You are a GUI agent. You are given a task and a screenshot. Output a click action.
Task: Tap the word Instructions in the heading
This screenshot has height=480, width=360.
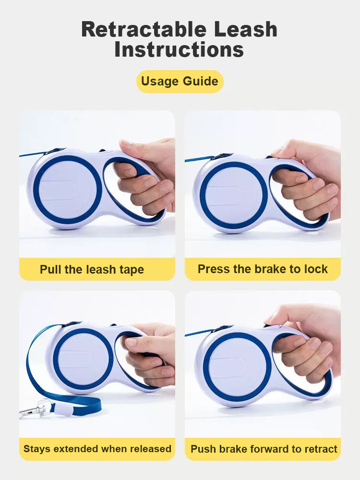point(179,49)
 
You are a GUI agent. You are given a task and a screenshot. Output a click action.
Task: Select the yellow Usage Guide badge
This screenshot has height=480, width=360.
point(180,81)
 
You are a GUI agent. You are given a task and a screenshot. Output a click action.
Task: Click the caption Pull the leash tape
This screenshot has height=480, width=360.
point(92,269)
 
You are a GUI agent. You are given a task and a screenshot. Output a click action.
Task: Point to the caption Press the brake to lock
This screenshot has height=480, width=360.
point(263,269)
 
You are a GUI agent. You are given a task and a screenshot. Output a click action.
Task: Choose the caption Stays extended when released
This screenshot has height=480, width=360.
point(97,449)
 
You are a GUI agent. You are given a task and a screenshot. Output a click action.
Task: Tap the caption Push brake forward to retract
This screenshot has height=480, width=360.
point(264,449)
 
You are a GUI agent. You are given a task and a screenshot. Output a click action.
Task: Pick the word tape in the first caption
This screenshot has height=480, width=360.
point(131,270)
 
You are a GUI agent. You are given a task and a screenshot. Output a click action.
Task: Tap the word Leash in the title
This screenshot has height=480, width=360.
point(246,30)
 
